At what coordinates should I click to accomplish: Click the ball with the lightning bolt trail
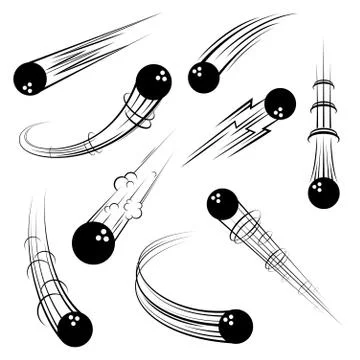279,103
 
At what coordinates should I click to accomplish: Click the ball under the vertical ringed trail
323,191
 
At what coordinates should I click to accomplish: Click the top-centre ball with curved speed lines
203,77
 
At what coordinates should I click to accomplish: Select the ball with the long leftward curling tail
153,82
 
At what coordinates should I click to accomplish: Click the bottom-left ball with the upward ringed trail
74,327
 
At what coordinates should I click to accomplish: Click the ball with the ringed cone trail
223,204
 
